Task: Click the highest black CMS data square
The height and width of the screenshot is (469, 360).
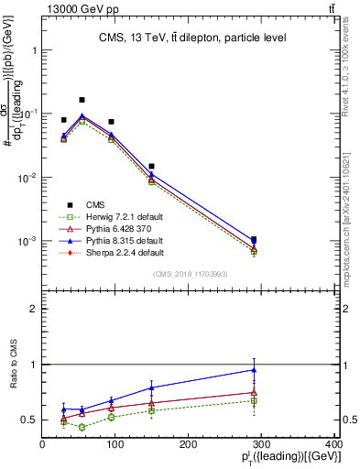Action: (82, 100)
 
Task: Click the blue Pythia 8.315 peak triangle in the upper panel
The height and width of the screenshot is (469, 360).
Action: (82, 116)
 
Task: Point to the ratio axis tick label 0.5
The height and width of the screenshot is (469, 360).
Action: (31, 420)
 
